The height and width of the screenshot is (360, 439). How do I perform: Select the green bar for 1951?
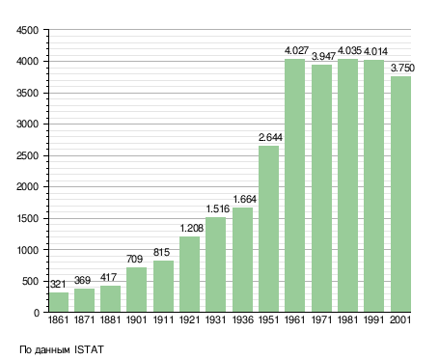(268, 229)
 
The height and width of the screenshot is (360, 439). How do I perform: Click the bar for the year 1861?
(59, 302)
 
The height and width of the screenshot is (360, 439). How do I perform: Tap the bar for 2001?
(400, 194)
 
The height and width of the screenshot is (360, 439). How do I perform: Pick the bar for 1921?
(189, 274)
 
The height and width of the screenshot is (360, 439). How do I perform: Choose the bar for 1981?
(347, 185)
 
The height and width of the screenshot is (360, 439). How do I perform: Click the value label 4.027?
(296, 50)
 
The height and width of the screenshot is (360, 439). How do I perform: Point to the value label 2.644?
(270, 137)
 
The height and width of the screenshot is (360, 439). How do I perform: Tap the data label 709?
(134, 259)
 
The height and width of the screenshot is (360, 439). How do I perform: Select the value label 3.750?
(402, 68)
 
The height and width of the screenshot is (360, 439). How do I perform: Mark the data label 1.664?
(244, 200)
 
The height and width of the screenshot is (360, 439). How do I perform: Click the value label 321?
(58, 284)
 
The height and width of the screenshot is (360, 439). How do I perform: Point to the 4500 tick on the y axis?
(27, 30)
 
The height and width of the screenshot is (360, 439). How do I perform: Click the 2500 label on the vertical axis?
(27, 155)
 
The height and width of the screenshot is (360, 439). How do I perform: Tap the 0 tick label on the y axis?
(37, 313)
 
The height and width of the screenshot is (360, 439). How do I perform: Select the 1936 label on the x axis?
(243, 319)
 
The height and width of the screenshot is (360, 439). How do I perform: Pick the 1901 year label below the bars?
(137, 319)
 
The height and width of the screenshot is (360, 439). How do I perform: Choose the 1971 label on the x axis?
(321, 319)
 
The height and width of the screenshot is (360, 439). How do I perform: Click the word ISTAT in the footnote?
(89, 349)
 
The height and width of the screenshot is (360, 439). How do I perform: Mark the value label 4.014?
(375, 51)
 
